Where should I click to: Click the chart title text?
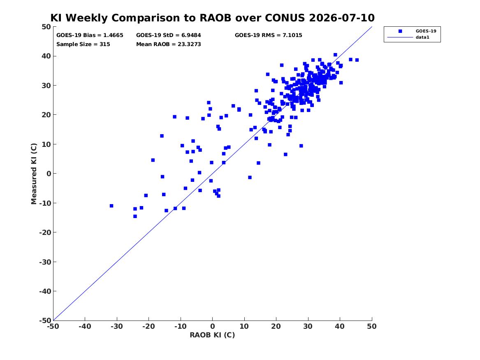coord(213,18)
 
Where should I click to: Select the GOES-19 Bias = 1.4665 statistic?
coord(90,35)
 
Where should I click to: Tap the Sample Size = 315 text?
coord(83,44)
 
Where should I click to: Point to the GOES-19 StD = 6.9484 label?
coord(168,35)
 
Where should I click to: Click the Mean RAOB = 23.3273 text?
coord(168,44)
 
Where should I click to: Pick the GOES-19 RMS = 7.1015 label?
coord(269,35)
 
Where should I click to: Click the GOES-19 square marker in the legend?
coord(400,31)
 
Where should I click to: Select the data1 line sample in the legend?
coord(400,37)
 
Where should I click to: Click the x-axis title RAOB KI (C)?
coord(213,335)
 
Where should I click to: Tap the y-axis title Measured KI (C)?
coord(34,174)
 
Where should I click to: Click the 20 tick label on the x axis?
coord(276,326)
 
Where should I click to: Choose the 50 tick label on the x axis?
coord(372,326)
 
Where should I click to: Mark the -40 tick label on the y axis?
coord(45,291)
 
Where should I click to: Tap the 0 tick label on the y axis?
coord(49,174)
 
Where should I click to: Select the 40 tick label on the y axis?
coord(46,56)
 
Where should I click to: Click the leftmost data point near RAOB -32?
coord(111,206)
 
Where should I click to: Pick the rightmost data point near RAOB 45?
coord(357,60)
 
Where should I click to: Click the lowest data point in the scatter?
coord(135,216)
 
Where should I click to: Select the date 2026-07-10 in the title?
coord(342,18)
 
